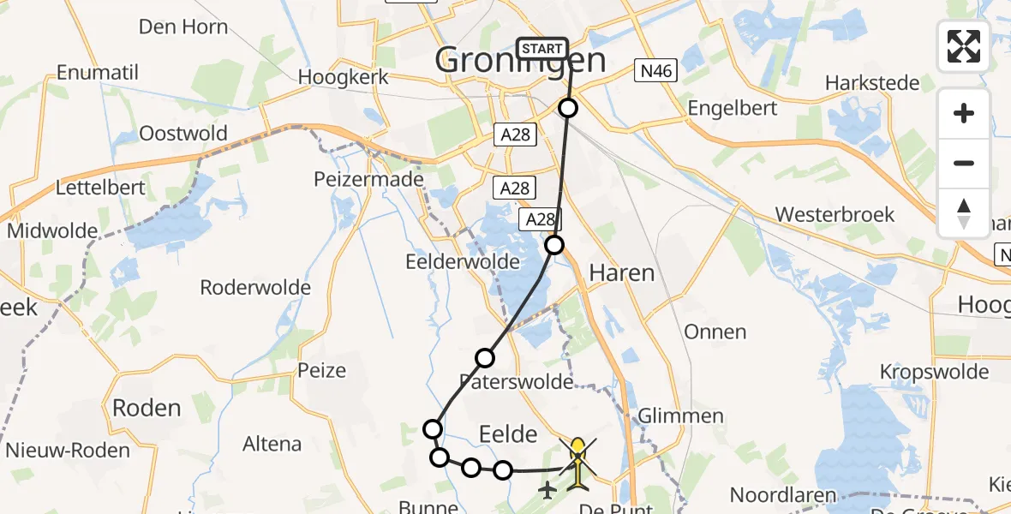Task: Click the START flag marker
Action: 542,49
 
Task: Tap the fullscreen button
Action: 964,46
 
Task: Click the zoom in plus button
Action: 964,113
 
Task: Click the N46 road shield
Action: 655,71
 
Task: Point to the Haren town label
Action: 621,273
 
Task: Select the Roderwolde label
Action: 255,287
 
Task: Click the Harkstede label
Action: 872,83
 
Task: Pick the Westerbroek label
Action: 835,214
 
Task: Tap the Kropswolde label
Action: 934,372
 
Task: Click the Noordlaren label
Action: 783,495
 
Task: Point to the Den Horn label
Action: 183,27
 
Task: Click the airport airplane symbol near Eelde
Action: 547,490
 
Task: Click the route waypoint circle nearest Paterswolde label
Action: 486,358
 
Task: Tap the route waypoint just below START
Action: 568,108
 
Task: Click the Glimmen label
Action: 680,416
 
